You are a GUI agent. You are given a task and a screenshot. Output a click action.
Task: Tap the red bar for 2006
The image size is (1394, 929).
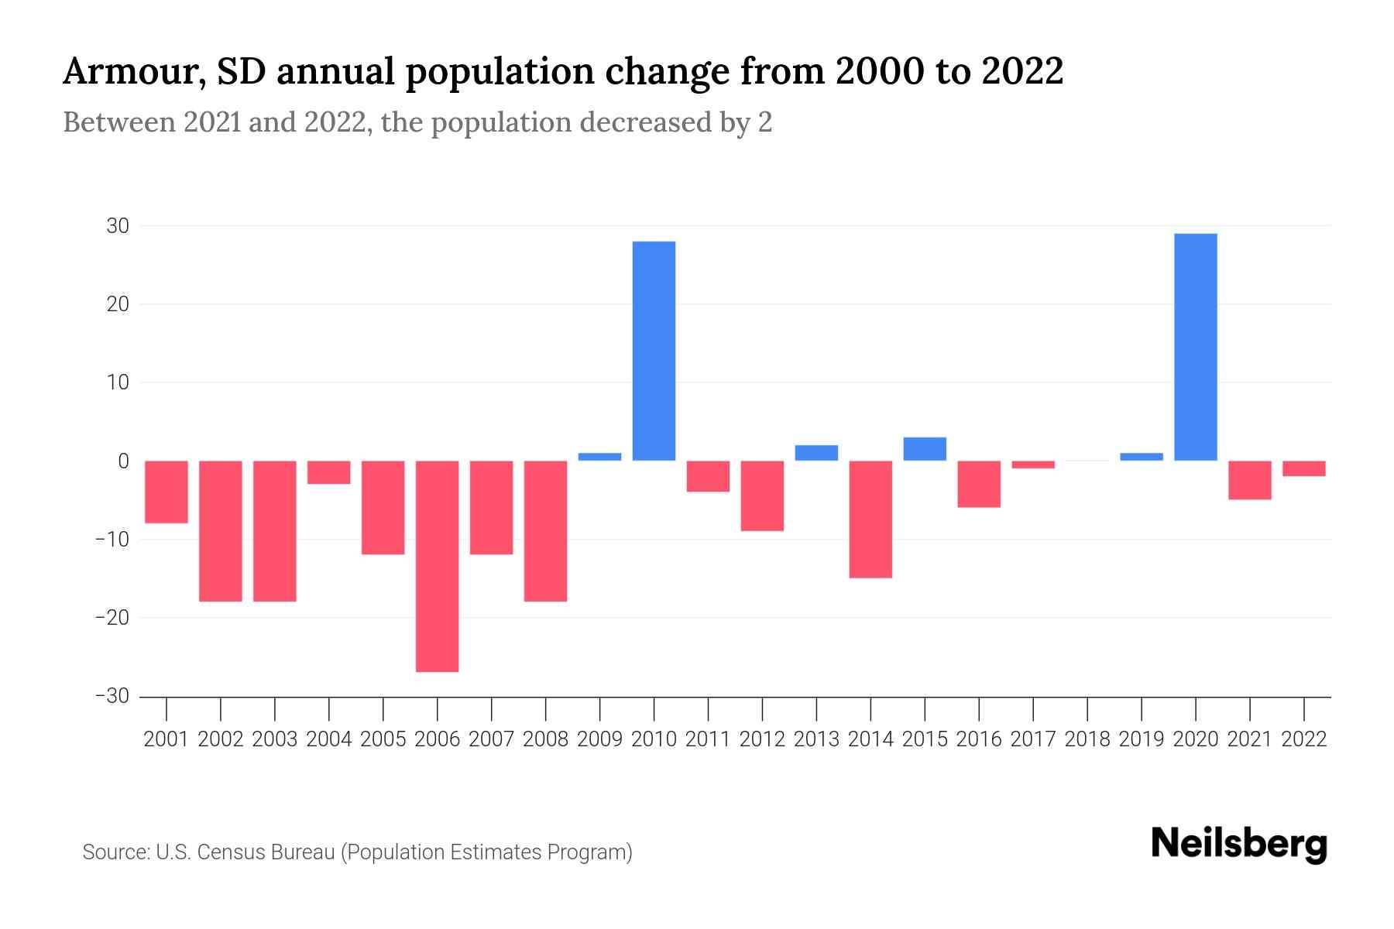(437, 566)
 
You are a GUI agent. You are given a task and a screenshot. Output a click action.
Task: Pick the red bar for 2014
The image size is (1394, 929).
(870, 519)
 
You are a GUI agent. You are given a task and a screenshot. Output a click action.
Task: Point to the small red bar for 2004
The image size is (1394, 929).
(328, 472)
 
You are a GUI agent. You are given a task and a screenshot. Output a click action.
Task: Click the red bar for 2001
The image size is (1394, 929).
(167, 492)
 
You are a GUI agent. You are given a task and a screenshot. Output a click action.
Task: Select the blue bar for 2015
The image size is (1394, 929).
(925, 449)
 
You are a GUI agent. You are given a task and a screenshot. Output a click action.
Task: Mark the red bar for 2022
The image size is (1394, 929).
(1304, 468)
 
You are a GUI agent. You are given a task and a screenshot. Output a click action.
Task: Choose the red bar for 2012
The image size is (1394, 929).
(762, 495)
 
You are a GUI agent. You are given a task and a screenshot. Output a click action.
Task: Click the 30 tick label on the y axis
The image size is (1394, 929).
(118, 226)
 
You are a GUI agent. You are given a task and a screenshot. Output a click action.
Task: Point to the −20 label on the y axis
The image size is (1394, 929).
(112, 618)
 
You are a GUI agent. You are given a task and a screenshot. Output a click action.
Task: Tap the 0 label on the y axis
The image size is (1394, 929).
(123, 461)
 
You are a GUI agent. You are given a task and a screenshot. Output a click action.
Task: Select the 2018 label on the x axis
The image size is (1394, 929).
(1087, 739)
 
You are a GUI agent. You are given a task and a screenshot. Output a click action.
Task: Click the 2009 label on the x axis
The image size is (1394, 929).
(599, 739)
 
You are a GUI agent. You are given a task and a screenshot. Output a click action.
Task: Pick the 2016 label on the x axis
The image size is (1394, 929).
(979, 739)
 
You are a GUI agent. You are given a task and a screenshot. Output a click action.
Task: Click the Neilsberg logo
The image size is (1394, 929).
(1239, 845)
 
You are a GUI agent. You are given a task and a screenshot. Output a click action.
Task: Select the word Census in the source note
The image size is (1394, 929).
(229, 852)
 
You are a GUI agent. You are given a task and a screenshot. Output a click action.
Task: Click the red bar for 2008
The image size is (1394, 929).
(545, 530)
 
